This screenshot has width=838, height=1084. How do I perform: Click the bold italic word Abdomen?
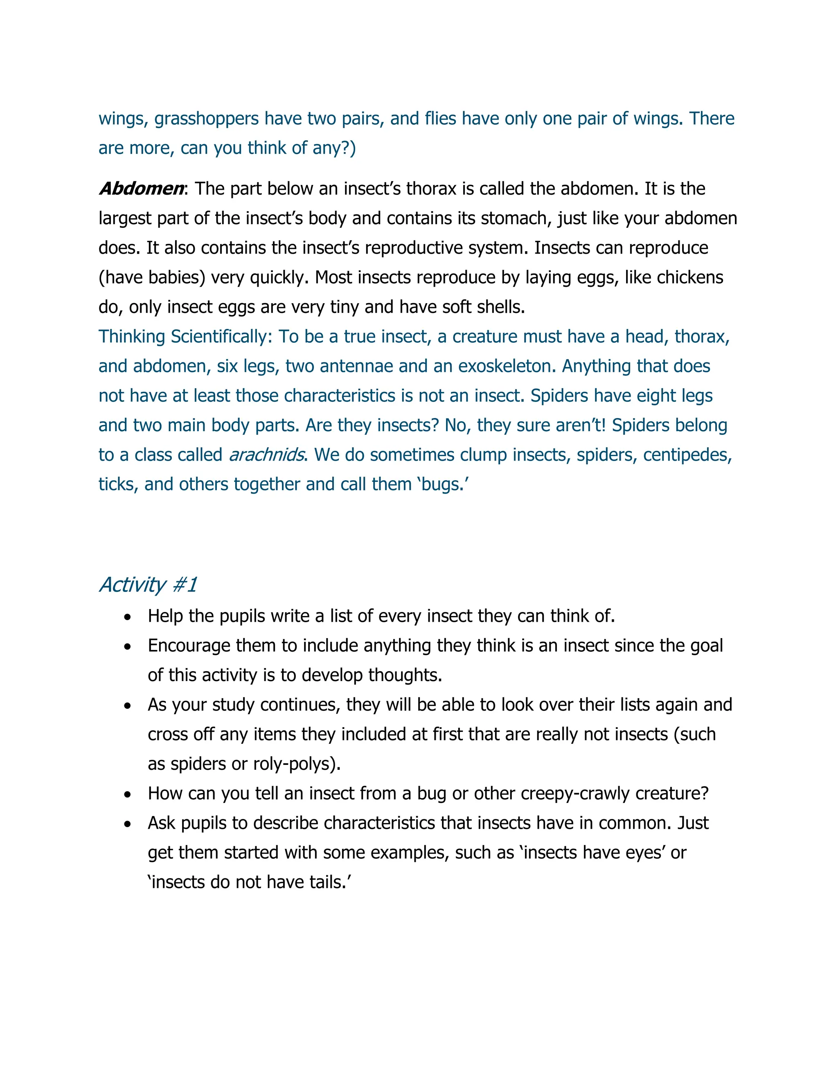141,189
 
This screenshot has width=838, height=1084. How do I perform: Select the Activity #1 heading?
148,585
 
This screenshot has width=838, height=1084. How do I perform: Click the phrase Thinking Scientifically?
185,337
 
